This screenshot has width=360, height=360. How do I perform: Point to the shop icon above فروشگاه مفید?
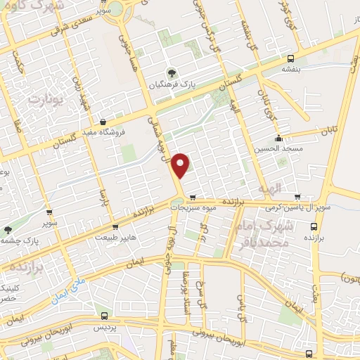click(104, 121)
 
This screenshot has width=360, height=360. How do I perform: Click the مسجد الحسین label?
click(279, 148)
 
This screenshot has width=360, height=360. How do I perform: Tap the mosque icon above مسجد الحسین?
click(279, 138)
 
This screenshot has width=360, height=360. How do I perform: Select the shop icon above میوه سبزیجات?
click(192, 197)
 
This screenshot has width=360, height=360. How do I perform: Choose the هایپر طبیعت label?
click(115, 238)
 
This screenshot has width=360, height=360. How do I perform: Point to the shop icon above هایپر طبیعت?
click(115, 227)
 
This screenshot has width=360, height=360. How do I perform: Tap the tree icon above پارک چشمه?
click(8, 229)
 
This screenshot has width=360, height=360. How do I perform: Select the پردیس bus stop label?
click(104, 328)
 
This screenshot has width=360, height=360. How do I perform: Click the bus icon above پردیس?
click(104, 316)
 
